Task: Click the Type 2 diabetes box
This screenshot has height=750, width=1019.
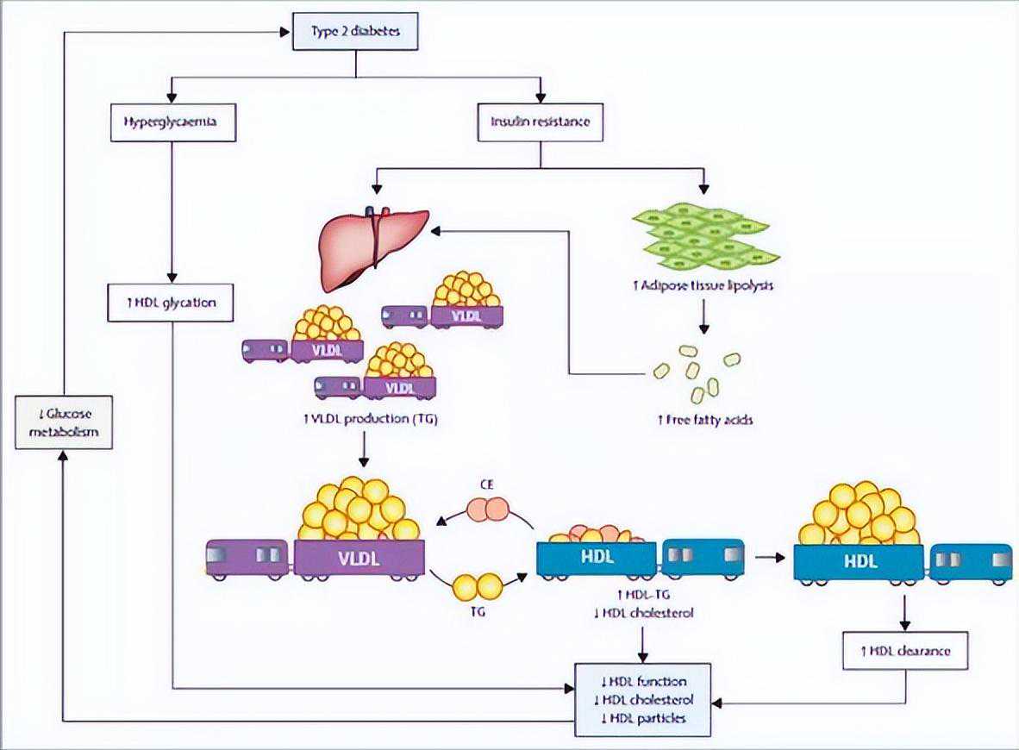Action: click(x=355, y=33)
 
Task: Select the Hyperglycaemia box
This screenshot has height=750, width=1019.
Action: click(x=172, y=122)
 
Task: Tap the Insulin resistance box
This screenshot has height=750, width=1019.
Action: click(x=540, y=122)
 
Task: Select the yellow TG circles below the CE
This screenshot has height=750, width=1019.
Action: click(x=478, y=587)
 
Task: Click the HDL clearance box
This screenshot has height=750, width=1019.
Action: click(x=904, y=650)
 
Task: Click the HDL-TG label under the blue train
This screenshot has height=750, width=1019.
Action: click(x=643, y=596)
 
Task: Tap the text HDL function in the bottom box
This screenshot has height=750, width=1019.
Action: click(x=644, y=681)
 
